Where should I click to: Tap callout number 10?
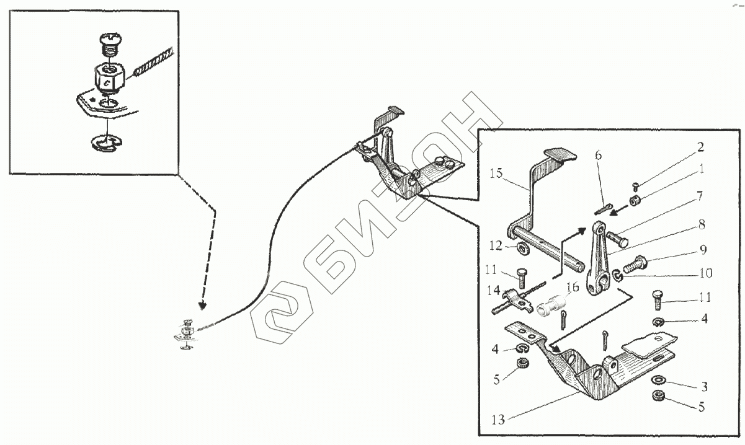[x=705, y=272]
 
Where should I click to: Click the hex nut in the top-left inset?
[x=109, y=77]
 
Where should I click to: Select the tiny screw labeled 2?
[x=636, y=185]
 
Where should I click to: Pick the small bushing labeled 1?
[x=636, y=200]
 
